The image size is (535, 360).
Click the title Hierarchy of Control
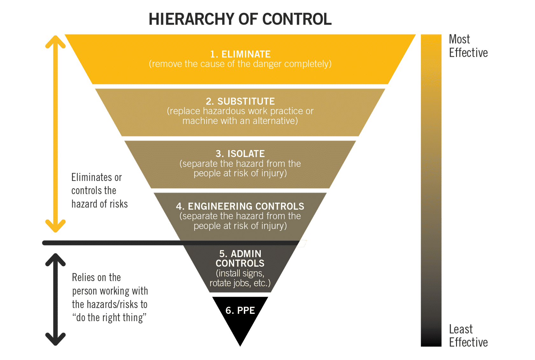point(240,19)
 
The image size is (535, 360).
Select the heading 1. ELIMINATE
point(240,54)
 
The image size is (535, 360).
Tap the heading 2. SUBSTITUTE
point(240,101)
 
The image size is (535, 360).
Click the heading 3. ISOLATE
point(240,154)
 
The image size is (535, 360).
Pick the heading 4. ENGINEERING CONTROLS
point(240,206)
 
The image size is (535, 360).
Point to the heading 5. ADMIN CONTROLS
point(240,258)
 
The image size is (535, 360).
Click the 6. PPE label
point(240,310)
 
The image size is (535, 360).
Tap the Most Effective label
point(468,46)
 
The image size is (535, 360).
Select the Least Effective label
point(468,336)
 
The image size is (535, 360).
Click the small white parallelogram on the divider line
point(302,244)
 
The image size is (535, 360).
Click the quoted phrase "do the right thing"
point(109,318)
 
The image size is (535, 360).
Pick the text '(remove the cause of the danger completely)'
point(240,64)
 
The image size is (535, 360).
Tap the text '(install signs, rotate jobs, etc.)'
point(240,278)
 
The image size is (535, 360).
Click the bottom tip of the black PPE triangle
point(240,345)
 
